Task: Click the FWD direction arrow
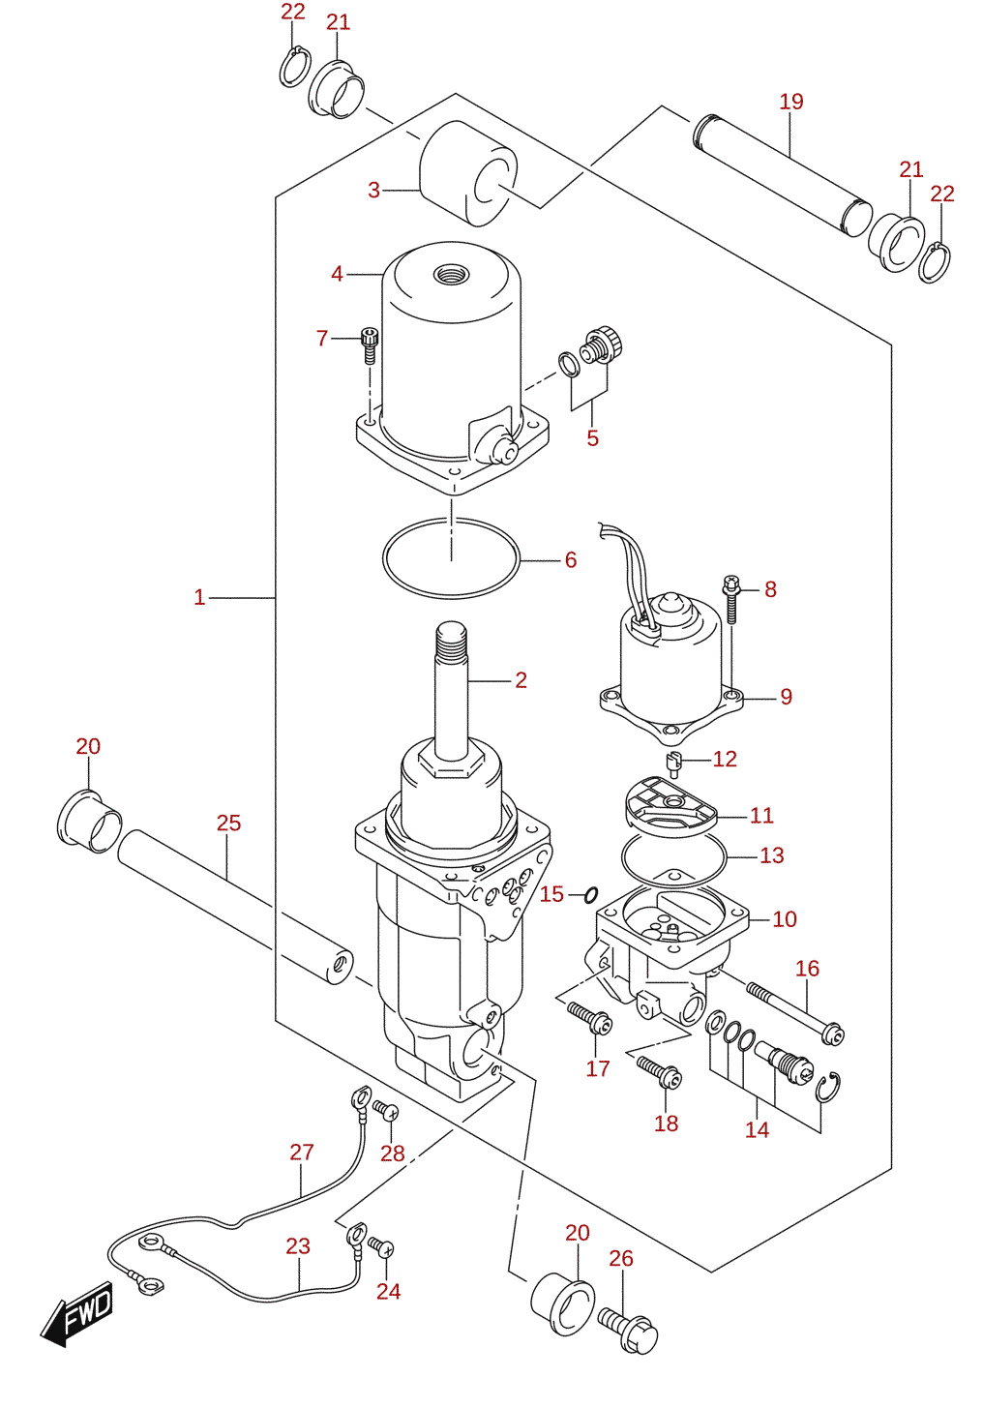click(x=76, y=1314)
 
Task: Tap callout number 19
click(x=791, y=102)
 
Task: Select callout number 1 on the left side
click(x=199, y=597)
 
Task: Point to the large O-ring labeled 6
click(x=451, y=558)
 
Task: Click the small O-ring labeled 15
click(x=591, y=894)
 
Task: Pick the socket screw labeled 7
click(x=369, y=345)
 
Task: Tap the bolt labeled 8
click(x=731, y=599)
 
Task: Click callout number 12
click(x=724, y=759)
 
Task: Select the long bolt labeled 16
click(x=795, y=1011)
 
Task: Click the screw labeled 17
click(x=589, y=1018)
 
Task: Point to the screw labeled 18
click(x=659, y=1071)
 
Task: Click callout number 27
click(x=302, y=1153)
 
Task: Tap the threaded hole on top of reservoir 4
click(x=452, y=274)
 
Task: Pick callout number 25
click(x=228, y=823)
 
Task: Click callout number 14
click(x=758, y=1129)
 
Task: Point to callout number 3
click(x=374, y=190)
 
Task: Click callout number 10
click(x=785, y=919)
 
